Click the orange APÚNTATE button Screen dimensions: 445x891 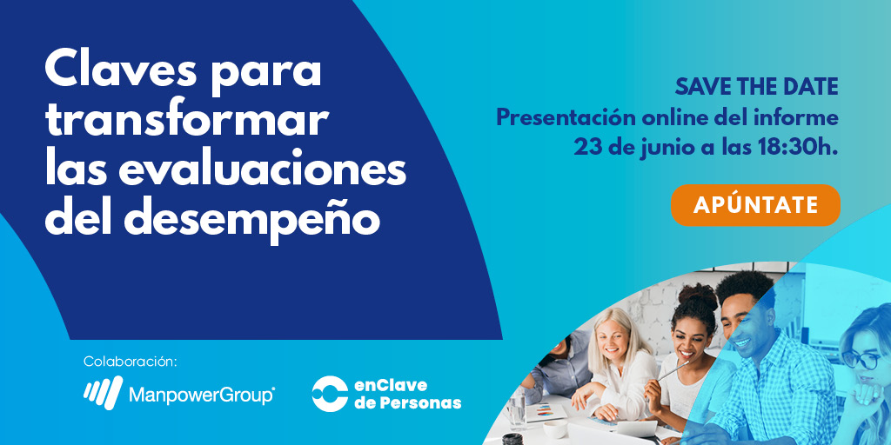pyautogui.click(x=755, y=205)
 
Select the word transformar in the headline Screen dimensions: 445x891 pyautogui.click(x=186, y=120)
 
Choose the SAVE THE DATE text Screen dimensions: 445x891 pyautogui.click(x=756, y=87)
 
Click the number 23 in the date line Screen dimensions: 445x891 pyautogui.click(x=587, y=147)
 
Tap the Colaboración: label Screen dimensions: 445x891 pyautogui.click(x=131, y=361)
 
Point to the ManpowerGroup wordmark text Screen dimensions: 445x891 pyautogui.click(x=201, y=395)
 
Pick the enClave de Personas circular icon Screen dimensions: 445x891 pyautogui.click(x=330, y=394)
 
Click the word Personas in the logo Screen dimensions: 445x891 pyautogui.click(x=421, y=403)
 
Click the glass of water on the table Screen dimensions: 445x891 pyautogui.click(x=517, y=408)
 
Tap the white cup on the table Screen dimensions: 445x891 pyautogui.click(x=554, y=428)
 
